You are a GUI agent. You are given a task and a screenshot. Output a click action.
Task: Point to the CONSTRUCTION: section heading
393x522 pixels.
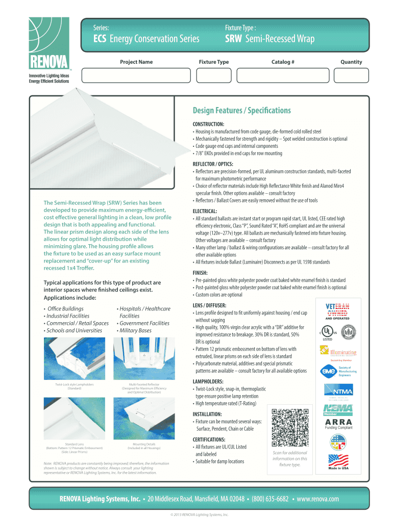tap(208, 124)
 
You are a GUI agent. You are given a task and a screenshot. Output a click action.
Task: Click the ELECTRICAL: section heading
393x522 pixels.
tap(205, 211)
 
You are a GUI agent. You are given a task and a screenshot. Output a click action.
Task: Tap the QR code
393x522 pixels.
tap(290, 427)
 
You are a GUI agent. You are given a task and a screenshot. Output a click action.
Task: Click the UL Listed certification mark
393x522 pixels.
tap(327, 332)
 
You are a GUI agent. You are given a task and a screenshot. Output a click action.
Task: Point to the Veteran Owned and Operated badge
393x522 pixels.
tap(338, 310)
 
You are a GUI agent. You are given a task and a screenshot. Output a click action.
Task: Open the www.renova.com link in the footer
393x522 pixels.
tap(317, 499)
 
